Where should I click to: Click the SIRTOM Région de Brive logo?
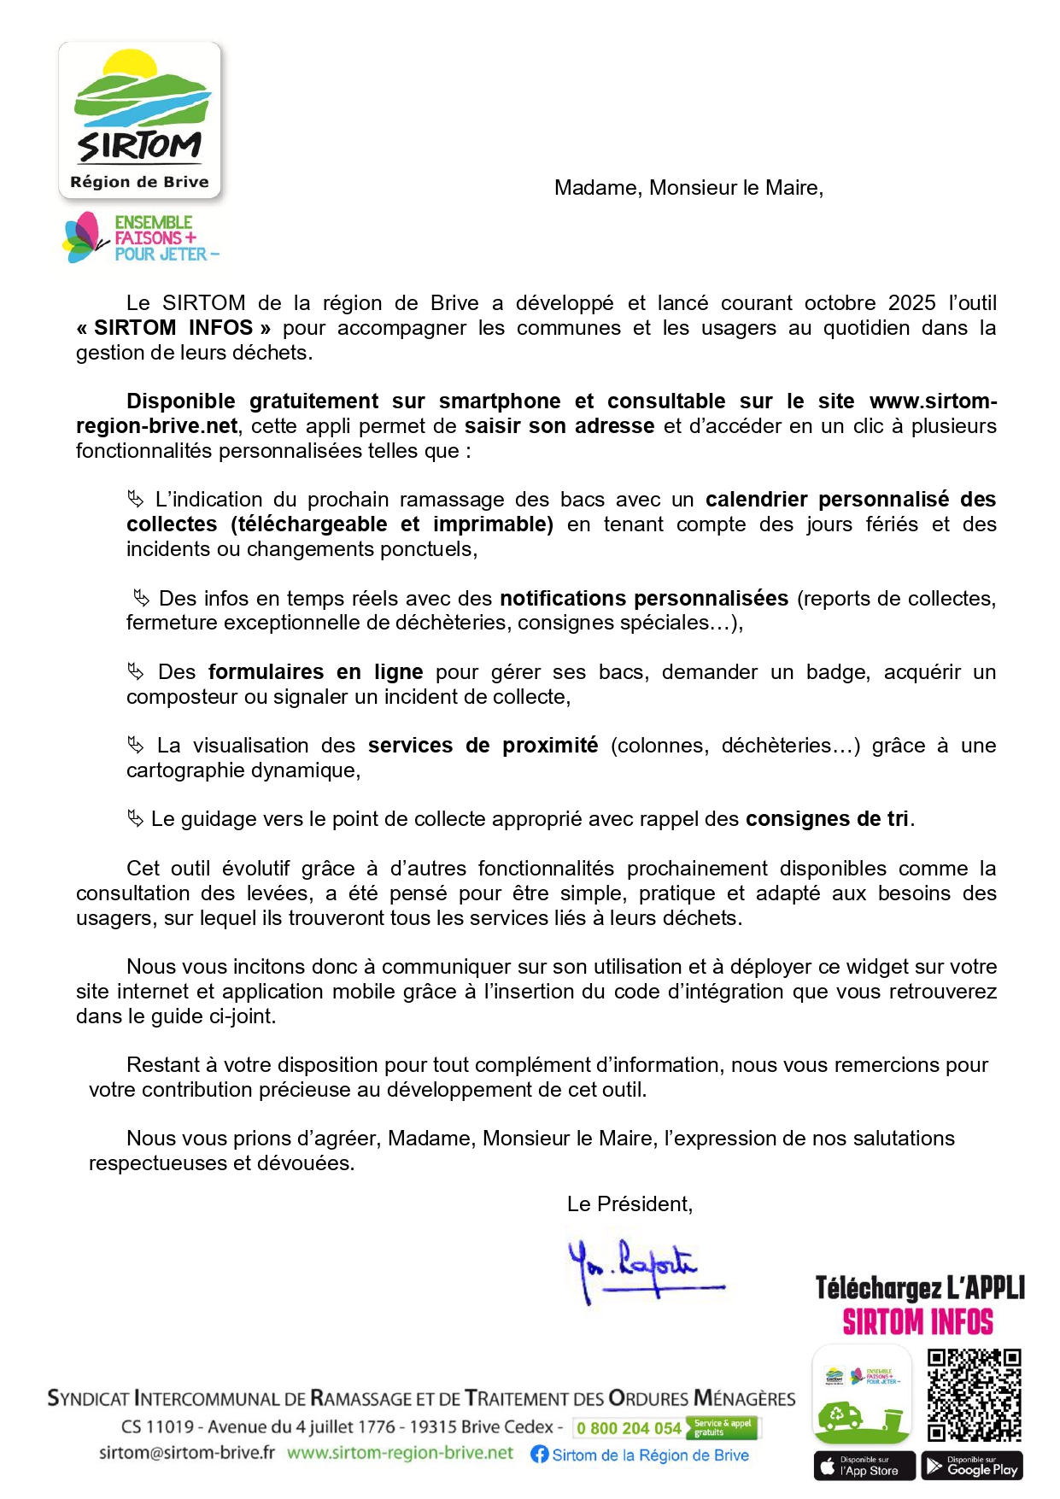coord(139,120)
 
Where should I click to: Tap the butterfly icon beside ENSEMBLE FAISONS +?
coord(83,237)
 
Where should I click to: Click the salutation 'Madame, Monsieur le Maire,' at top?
coord(688,188)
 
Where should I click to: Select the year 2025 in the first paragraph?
coord(911,303)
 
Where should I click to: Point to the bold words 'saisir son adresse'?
coord(559,426)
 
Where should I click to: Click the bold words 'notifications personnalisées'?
coord(643,599)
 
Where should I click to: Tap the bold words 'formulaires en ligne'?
coord(315,672)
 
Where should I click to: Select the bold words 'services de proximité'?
coord(483,746)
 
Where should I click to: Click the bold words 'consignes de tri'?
coord(826,819)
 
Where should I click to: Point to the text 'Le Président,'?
coord(630,1204)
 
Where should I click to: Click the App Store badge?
coord(864,1467)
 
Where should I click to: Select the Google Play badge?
coord(972,1467)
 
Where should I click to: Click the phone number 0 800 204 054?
coord(628,1428)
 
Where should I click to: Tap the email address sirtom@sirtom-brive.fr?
coord(187,1453)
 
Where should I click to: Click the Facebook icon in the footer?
coord(539,1455)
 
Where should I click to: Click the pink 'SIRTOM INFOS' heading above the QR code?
coord(917,1322)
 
